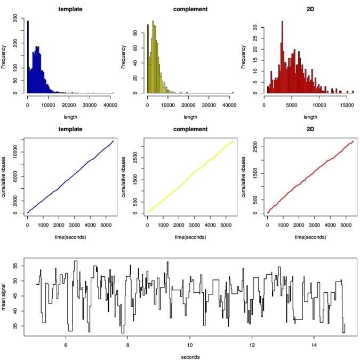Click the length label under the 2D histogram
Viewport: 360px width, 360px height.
pyautogui.click(x=310, y=117)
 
